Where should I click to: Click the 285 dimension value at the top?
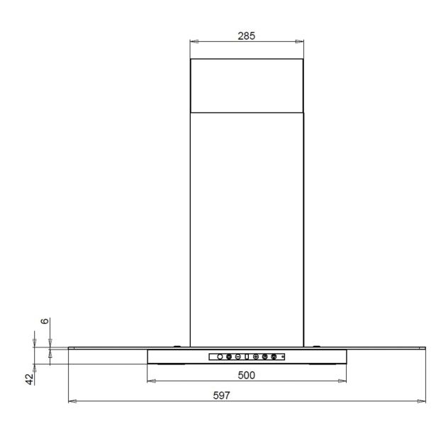(247, 36)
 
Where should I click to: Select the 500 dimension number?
(247, 375)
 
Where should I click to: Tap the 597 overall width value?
(221, 396)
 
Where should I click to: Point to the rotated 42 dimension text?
(30, 379)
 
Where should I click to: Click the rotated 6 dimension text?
(45, 321)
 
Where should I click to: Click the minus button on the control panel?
(238, 357)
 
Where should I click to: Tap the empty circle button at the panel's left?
(220, 357)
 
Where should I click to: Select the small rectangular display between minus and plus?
(247, 357)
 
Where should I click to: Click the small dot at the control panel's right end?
(283, 357)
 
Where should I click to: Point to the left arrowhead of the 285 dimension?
(194, 42)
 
